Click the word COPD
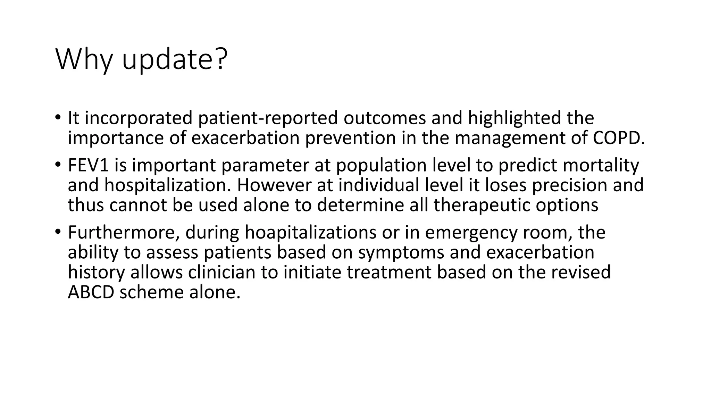pyautogui.click(x=618, y=138)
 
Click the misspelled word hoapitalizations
pyautogui.click(x=310, y=232)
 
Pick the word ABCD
pyautogui.click(x=91, y=292)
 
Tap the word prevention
pyautogui.click(x=350, y=138)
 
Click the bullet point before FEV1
pyautogui.click(x=58, y=164)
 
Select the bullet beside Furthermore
pyautogui.click(x=58, y=232)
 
